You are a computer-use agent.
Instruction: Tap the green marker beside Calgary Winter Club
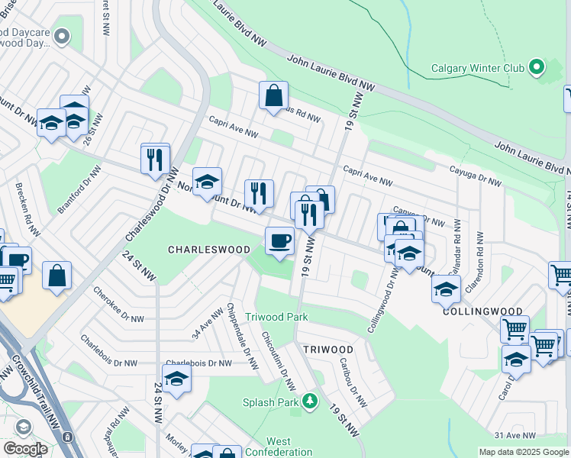pos(537,67)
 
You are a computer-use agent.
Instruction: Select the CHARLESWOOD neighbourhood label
pos(208,250)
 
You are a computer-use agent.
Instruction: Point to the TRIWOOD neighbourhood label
pos(327,349)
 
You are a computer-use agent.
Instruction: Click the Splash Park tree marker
pos(309,402)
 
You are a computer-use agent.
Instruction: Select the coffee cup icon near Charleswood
pos(279,241)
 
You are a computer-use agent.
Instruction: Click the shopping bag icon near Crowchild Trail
pos(57,276)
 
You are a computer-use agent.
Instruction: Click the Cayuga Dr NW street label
pos(476,177)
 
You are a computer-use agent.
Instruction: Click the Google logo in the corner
pos(25,449)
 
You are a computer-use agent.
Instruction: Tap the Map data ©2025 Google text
pos(523,452)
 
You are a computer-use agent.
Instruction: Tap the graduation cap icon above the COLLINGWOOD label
pos(446,289)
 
